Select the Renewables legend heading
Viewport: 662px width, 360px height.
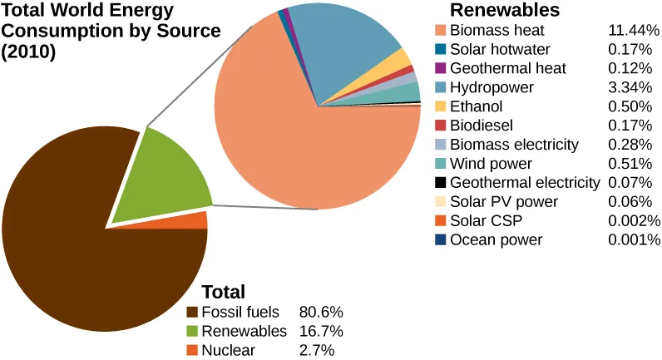pos(504,10)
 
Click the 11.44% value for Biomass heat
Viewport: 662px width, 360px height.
pos(634,31)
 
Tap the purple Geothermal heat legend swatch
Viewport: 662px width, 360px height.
pos(441,69)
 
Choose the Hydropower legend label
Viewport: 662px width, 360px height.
pos(492,88)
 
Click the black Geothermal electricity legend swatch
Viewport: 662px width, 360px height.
pos(441,183)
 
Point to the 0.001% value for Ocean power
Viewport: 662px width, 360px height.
pos(634,240)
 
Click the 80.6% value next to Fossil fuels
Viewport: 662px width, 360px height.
pos(320,313)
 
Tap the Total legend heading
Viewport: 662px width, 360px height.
pos(224,292)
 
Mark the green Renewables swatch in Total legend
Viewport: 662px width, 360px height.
pos(192,332)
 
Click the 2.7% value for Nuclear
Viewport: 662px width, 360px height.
pos(316,351)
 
